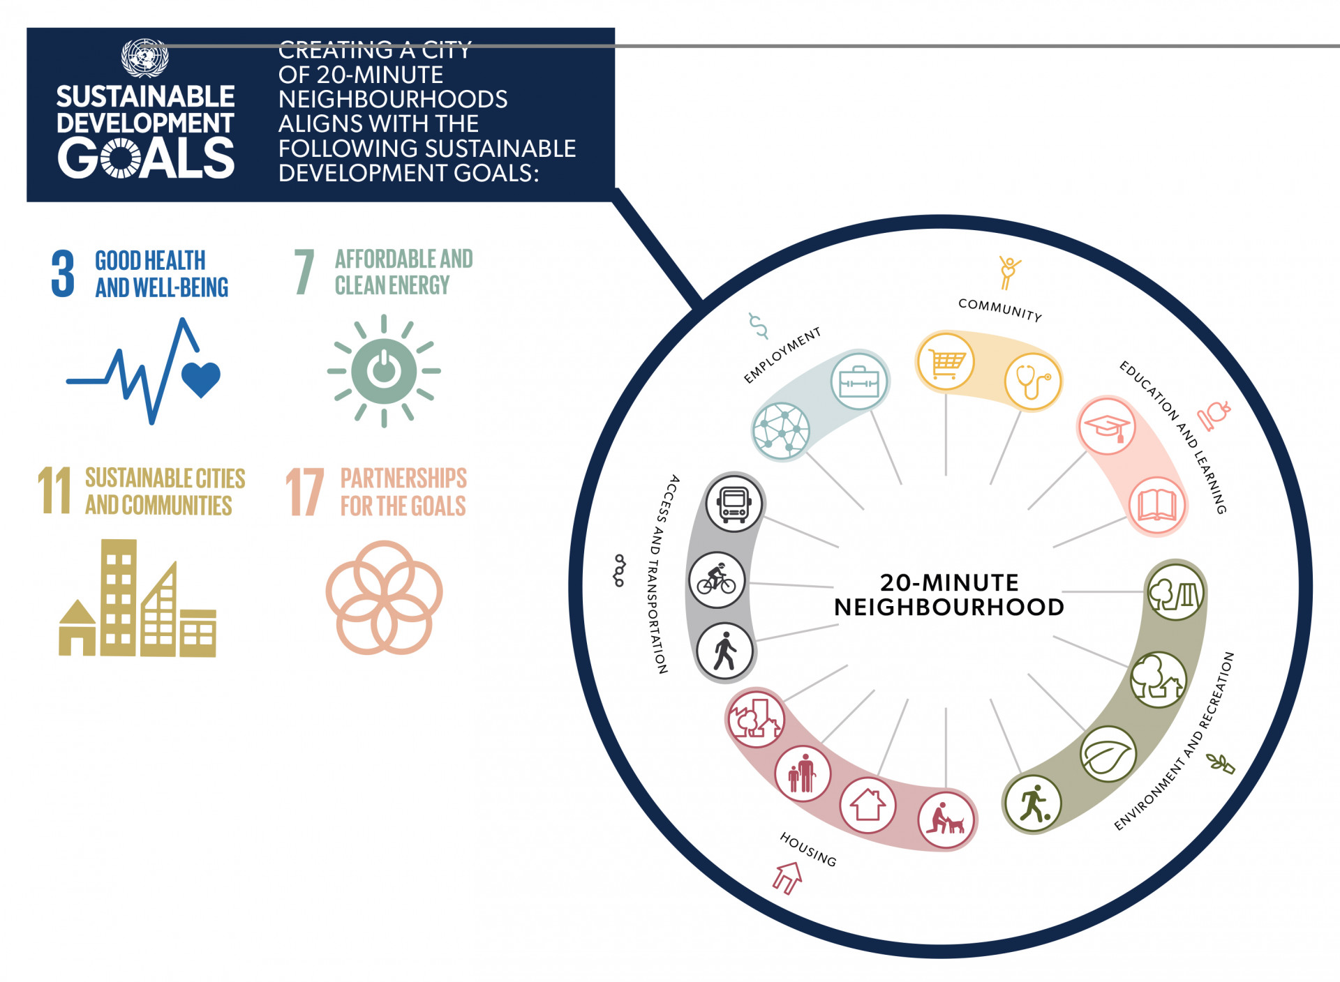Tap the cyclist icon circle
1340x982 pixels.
click(717, 580)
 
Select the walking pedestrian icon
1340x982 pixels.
click(725, 651)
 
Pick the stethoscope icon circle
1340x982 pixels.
click(1033, 382)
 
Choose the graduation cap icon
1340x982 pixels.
click(1107, 425)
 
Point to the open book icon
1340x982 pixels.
click(1157, 506)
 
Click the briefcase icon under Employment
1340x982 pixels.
click(859, 382)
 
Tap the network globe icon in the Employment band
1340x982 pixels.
click(781, 431)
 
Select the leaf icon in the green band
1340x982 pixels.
click(1108, 753)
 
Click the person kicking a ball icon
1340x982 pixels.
click(1032, 803)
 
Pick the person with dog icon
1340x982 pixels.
click(946, 820)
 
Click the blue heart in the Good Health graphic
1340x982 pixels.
click(201, 379)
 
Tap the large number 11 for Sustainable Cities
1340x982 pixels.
click(54, 490)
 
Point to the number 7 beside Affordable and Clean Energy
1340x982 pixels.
click(304, 271)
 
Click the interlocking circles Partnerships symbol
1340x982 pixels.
click(384, 597)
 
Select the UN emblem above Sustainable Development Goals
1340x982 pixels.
click(144, 57)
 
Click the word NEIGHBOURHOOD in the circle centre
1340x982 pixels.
click(949, 607)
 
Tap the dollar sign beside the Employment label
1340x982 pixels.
click(758, 326)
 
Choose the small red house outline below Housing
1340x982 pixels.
click(788, 877)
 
